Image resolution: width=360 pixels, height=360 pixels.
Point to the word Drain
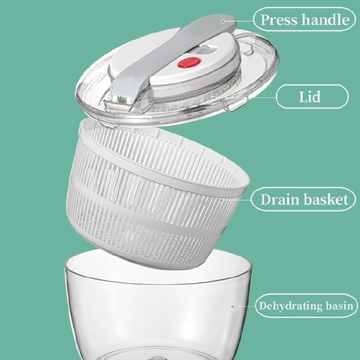pyautogui.click(x=277, y=199)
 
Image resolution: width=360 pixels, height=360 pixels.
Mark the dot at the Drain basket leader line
pyautogui.click(x=221, y=200)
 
